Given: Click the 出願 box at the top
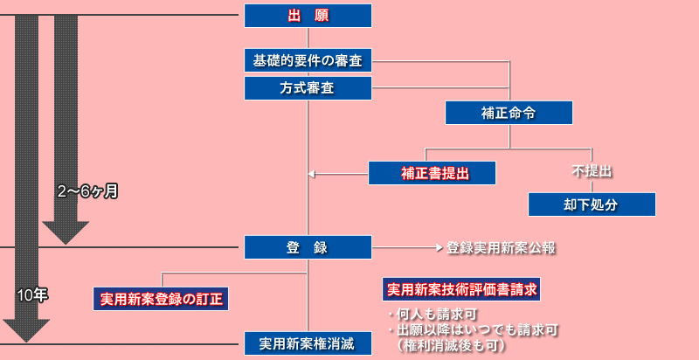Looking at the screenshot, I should (x=308, y=16).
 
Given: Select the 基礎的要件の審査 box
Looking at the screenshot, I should (x=308, y=60).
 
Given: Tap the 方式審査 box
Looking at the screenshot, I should (x=308, y=88).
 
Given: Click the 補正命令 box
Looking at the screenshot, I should (x=509, y=113).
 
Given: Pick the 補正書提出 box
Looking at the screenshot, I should (x=432, y=173).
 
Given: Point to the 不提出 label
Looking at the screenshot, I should (x=592, y=172).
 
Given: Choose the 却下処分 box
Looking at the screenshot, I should (x=592, y=204).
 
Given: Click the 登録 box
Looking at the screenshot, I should (x=308, y=247).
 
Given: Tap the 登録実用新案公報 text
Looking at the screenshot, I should (x=502, y=247).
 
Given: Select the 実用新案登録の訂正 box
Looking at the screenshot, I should (x=161, y=299).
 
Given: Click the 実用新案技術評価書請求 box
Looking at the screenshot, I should (x=462, y=287).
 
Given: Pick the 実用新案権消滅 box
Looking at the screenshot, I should (x=308, y=343).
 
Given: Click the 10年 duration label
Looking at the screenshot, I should (x=32, y=295).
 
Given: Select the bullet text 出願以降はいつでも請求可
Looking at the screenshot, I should (x=472, y=329).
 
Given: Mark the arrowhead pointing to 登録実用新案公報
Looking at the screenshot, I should (x=439, y=247).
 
